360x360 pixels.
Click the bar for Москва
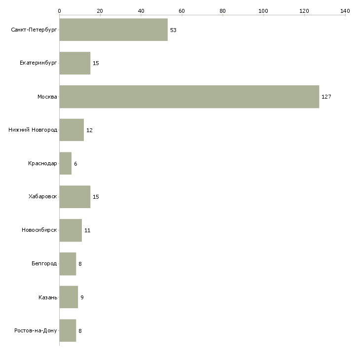189,97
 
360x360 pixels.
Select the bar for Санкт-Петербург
113,30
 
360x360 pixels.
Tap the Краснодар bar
65,163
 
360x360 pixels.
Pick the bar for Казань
69,297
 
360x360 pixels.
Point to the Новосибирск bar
71,230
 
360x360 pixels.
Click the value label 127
326,97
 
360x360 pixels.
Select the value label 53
173,30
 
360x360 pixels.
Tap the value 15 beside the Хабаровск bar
96,197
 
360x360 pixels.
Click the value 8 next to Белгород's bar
80,264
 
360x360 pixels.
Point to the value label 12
89,130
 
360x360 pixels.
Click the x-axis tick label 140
345,10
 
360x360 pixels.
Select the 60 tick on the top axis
181,10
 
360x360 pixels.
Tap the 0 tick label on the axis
59,10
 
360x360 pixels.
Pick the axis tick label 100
263,10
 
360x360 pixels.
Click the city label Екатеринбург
38,63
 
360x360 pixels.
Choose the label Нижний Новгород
33,130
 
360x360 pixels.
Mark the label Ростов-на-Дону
36,330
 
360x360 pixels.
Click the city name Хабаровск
43,197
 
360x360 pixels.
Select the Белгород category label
44,264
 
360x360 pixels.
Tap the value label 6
75,163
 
